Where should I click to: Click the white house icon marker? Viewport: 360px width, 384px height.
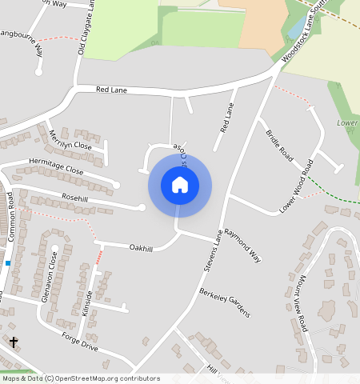[x=180, y=186]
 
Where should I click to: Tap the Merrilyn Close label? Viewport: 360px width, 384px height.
[x=70, y=141]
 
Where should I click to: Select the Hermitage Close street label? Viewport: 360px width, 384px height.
[x=56, y=165]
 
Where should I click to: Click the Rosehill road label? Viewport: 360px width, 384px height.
[x=74, y=198]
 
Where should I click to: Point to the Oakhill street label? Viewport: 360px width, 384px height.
[x=141, y=248]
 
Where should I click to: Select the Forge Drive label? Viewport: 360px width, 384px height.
[x=79, y=342]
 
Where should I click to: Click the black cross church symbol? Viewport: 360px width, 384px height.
[x=14, y=342]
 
